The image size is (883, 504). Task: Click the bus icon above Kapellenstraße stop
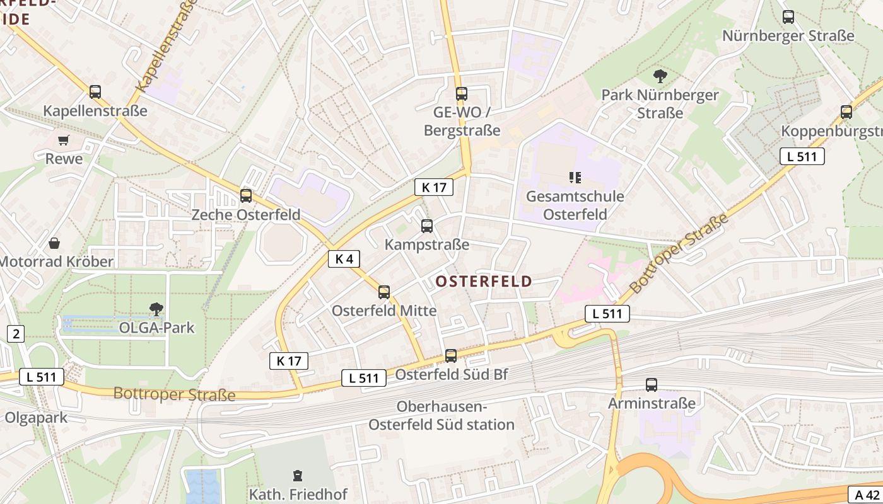point(95,92)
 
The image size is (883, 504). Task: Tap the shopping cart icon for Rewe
point(63,140)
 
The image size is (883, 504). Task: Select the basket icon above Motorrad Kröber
point(55,243)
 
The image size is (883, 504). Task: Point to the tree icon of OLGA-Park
point(156,309)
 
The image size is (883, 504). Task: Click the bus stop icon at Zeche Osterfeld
point(246,196)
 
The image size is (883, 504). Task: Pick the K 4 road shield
point(344,258)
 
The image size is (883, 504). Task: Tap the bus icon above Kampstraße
point(427,226)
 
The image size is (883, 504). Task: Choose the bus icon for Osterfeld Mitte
point(383,292)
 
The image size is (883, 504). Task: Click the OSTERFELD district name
point(484,281)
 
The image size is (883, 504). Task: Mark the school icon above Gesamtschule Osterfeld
point(575,178)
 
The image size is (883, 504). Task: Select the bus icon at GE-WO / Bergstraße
point(462,94)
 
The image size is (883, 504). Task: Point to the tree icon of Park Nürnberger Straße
point(660,76)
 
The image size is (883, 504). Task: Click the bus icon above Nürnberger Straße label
point(788,17)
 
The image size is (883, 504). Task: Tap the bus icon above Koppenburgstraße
point(846,112)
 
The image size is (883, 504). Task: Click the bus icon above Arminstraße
point(652,384)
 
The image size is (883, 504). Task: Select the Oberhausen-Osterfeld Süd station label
point(441,416)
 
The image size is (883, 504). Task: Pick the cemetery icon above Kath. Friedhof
point(298,476)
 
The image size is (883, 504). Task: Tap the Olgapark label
point(35,418)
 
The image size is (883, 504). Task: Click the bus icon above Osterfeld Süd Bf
point(451,356)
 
